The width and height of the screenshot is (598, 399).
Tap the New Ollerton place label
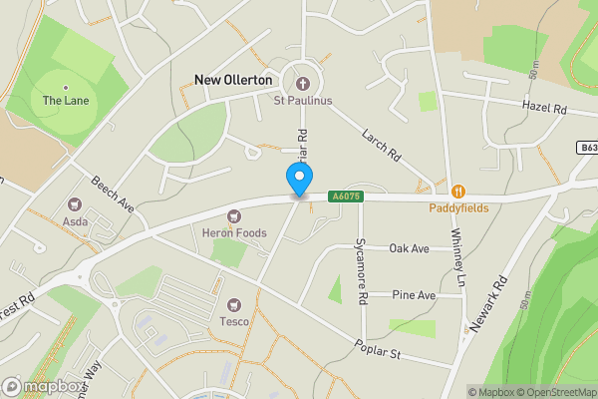pos(233,79)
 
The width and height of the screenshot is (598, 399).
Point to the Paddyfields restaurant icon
pos(458,191)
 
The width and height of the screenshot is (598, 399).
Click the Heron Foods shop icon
pos(236,214)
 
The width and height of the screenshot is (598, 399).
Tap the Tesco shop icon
pos(235,303)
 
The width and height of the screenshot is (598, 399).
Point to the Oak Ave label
pos(409,247)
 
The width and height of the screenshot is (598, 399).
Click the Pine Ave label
pos(414,295)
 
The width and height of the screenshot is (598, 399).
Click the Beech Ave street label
pos(113,196)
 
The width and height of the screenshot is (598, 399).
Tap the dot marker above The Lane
pos(66,87)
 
